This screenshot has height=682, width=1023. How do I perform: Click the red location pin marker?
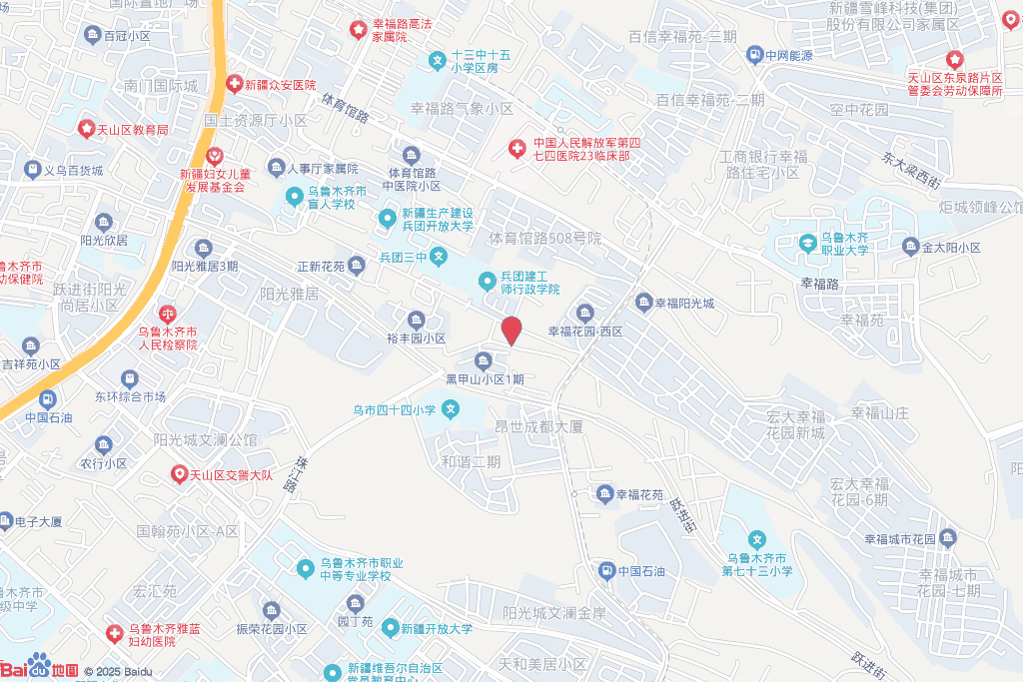click(x=511, y=331)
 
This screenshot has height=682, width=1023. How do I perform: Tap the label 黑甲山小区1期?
click(x=485, y=379)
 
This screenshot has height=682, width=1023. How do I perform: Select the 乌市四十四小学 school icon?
click(x=451, y=408)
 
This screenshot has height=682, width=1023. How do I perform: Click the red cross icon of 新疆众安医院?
click(x=234, y=85)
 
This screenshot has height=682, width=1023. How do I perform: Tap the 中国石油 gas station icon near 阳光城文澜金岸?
click(x=606, y=571)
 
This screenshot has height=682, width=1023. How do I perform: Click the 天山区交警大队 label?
click(x=231, y=474)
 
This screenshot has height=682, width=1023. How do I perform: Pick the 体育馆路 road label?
click(x=346, y=107)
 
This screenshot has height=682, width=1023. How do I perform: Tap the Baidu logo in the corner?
click(x=39, y=667)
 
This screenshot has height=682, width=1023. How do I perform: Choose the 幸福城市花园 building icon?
click(x=948, y=539)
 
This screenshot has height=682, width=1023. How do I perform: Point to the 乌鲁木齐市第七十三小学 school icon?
click(x=757, y=540)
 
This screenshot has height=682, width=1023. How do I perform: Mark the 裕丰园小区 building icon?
click(x=417, y=321)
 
